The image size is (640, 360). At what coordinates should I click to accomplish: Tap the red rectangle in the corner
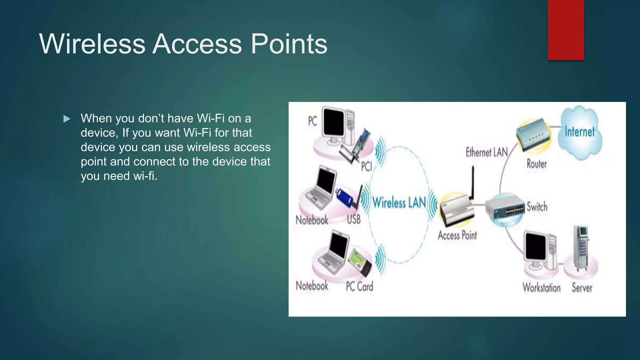(x=566, y=30)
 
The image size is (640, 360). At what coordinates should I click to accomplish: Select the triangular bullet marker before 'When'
(x=67, y=119)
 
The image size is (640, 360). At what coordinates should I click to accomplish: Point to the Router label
(x=537, y=164)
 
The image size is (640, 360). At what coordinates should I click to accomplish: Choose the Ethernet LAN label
(x=487, y=152)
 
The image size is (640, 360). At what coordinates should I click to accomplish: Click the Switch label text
(x=537, y=207)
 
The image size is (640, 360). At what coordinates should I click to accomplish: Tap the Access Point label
(x=457, y=235)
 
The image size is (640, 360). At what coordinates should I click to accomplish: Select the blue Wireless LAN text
(x=399, y=202)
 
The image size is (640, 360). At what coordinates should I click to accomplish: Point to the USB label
(x=354, y=219)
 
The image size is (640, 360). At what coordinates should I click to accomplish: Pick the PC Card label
(x=359, y=286)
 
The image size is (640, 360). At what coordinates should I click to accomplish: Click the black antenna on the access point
(x=472, y=183)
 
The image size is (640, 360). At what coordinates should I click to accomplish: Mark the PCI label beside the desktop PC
(x=366, y=166)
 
